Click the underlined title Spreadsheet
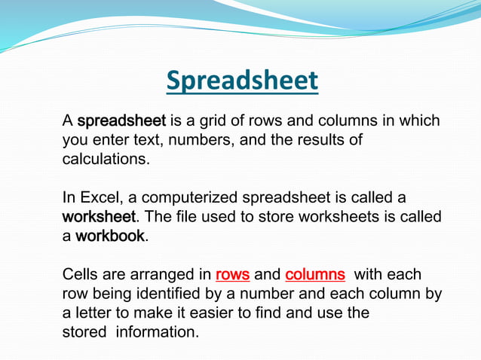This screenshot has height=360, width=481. [242, 81]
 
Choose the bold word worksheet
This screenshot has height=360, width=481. [99, 217]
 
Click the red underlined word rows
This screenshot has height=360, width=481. [232, 275]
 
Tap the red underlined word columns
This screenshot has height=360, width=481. [315, 275]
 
